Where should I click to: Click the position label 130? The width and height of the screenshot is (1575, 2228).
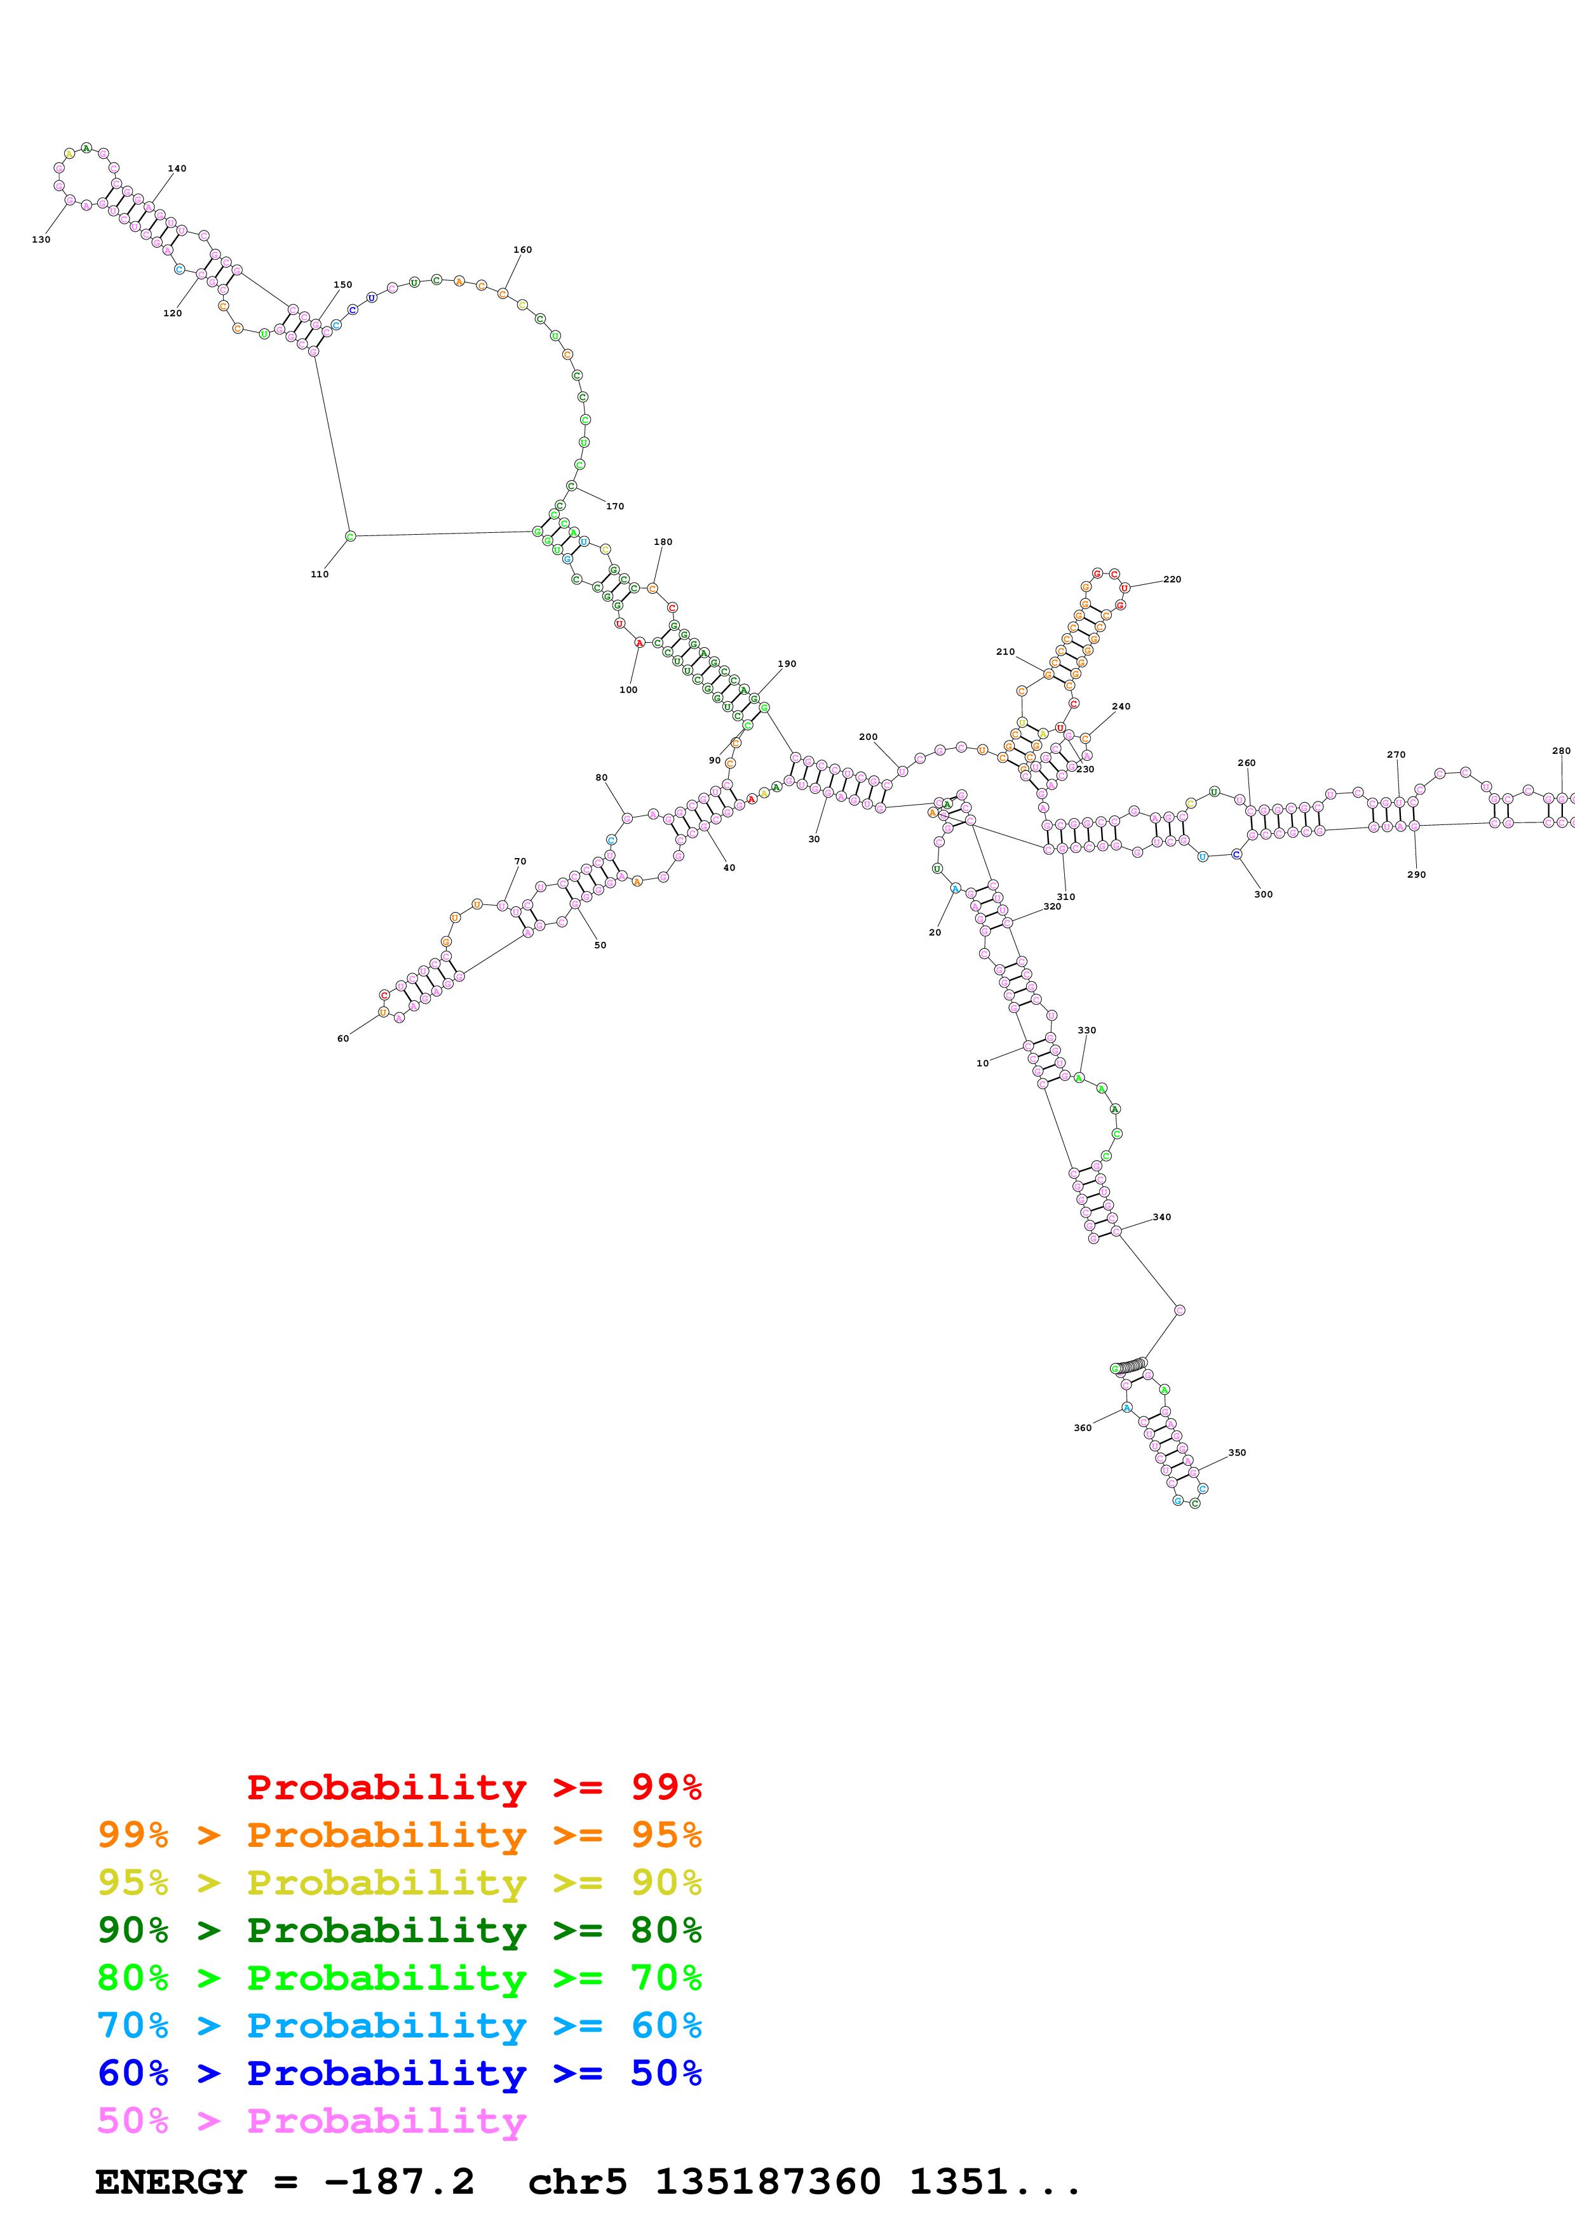[41, 239]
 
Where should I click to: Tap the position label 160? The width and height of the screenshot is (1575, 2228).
[522, 250]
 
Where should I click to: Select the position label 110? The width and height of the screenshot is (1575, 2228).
[320, 575]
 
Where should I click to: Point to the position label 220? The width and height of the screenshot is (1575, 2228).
[1172, 579]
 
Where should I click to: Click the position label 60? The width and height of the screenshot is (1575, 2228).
[342, 1038]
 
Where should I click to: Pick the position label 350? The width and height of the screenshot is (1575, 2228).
[1236, 1453]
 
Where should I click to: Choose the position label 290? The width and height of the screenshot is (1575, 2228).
[1416, 875]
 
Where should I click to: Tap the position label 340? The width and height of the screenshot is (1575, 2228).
[1161, 1217]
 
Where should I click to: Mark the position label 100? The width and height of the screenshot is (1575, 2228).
[628, 690]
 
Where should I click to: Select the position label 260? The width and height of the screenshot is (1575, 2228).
[1246, 763]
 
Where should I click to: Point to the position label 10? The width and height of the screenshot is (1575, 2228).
[982, 1064]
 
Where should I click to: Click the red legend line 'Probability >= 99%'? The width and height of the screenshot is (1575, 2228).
[473, 1787]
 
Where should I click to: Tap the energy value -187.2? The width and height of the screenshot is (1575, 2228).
[399, 2182]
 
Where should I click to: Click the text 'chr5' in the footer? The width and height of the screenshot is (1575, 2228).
[578, 2182]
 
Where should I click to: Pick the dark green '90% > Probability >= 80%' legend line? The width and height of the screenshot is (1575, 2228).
[399, 1930]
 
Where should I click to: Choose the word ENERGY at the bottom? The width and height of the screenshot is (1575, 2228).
[171, 2182]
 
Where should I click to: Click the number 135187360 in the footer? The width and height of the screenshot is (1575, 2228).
[767, 2182]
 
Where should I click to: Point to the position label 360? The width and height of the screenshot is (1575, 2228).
[1082, 1428]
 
